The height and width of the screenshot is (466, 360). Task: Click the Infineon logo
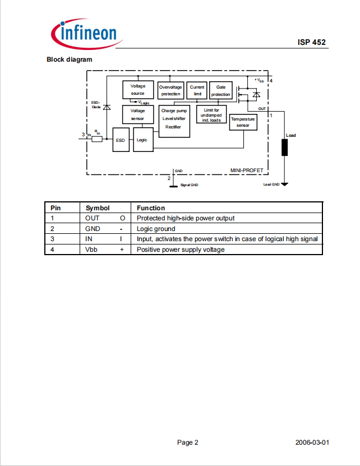[87, 34]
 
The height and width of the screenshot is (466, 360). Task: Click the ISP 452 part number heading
[312, 42]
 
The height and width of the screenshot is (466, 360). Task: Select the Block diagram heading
[70, 59]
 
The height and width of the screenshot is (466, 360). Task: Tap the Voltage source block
[139, 90]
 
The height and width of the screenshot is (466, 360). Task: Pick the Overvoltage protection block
[170, 90]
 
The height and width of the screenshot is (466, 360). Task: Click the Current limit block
[197, 90]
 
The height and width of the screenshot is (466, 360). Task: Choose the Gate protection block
[220, 90]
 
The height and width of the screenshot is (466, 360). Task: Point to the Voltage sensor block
[138, 114]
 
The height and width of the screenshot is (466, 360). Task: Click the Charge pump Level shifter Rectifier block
[174, 121]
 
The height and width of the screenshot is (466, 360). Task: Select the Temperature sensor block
[243, 122]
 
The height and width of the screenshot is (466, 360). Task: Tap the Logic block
[144, 140]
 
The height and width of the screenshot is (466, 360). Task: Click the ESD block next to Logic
[121, 140]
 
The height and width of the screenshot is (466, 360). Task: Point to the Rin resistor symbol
[97, 139]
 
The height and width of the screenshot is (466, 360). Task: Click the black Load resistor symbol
[284, 147]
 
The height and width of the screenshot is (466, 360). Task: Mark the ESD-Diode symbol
[107, 107]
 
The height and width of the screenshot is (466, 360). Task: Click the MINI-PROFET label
[247, 170]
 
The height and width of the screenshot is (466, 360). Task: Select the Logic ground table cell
[156, 229]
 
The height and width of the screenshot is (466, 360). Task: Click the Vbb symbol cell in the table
[91, 250]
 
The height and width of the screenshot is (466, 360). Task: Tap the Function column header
[151, 208]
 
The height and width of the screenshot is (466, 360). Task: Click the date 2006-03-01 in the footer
[312, 442]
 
